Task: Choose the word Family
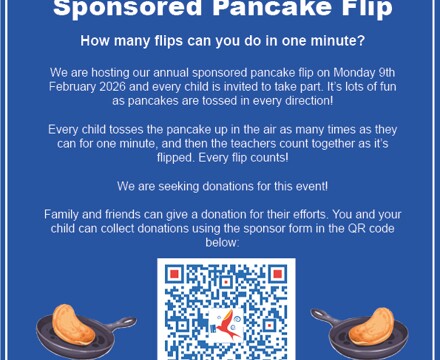pos(65,214)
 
